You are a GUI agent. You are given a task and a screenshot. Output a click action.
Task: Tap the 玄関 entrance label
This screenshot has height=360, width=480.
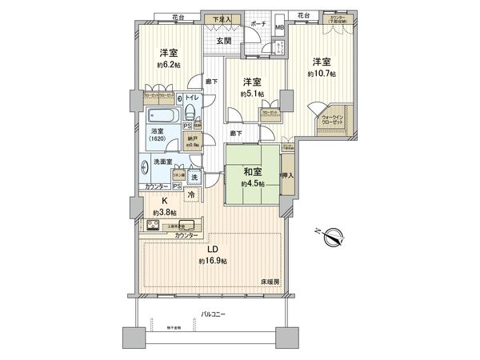223,40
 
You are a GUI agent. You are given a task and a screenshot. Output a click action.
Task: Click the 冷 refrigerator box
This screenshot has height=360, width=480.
192,193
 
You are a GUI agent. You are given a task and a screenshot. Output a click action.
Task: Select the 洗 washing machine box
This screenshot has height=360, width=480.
194,175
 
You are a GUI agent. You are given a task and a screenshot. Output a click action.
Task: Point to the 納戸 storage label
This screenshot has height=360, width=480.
192,138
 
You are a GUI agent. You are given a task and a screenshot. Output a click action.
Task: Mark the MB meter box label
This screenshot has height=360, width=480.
279,28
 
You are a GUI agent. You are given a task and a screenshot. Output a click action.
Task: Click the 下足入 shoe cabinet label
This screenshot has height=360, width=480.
218,18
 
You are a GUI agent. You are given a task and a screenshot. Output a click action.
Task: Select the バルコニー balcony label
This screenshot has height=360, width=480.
212,314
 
